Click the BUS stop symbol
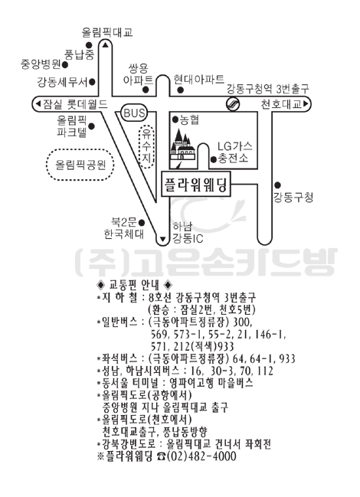tap(134, 113)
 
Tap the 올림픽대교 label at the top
tap(107, 32)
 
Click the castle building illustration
tap(182, 146)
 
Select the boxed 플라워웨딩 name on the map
tap(195, 184)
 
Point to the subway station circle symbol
tap(232, 104)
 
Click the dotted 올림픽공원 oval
tap(80, 165)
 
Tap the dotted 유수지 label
tap(147, 147)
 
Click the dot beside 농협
tap(175, 119)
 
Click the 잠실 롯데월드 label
tap(71, 104)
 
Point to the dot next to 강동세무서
tap(92, 83)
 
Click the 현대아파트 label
tap(199, 79)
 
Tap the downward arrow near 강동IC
tap(163, 239)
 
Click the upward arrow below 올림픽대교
tap(106, 45)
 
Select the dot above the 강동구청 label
tap(277, 185)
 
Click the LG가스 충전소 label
tap(235, 152)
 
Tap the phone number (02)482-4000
tap(201, 456)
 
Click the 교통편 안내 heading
tap(134, 285)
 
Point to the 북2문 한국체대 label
tap(124, 228)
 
